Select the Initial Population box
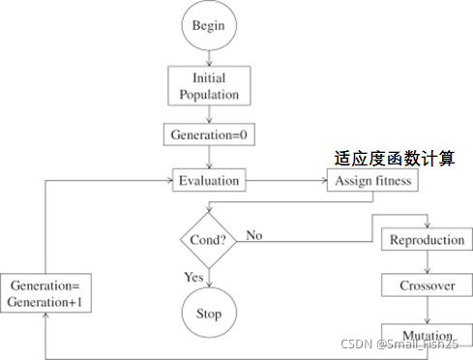coord(209,85)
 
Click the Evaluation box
coord(209,180)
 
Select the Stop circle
coord(209,313)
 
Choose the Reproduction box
coord(427,239)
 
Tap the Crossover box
coord(427,286)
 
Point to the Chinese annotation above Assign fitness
coord(393,157)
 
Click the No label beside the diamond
coord(255,234)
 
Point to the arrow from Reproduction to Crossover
coord(427,263)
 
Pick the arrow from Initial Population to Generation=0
coord(209,115)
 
